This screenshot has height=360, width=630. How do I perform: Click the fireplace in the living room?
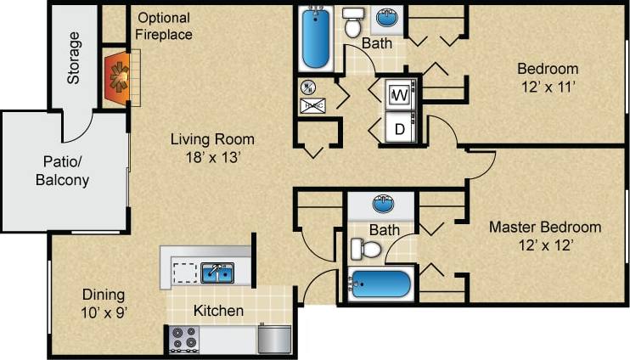[118, 76]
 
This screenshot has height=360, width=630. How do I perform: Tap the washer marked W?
[398, 95]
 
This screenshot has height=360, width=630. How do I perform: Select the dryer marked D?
[398, 129]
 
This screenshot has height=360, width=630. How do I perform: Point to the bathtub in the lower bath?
[380, 284]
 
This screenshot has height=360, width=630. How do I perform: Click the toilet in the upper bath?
[353, 21]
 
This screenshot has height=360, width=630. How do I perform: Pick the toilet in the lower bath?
[364, 249]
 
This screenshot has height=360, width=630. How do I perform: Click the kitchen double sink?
[217, 273]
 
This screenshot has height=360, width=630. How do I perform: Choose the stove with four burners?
[184, 338]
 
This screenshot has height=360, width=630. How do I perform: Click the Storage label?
[75, 58]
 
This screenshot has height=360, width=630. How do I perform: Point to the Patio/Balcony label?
[62, 171]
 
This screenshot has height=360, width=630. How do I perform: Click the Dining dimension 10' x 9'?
[104, 312]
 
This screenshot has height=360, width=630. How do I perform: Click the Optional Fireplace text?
[164, 26]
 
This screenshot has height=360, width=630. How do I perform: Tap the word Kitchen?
[218, 311]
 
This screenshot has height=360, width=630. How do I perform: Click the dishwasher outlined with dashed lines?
[184, 273]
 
